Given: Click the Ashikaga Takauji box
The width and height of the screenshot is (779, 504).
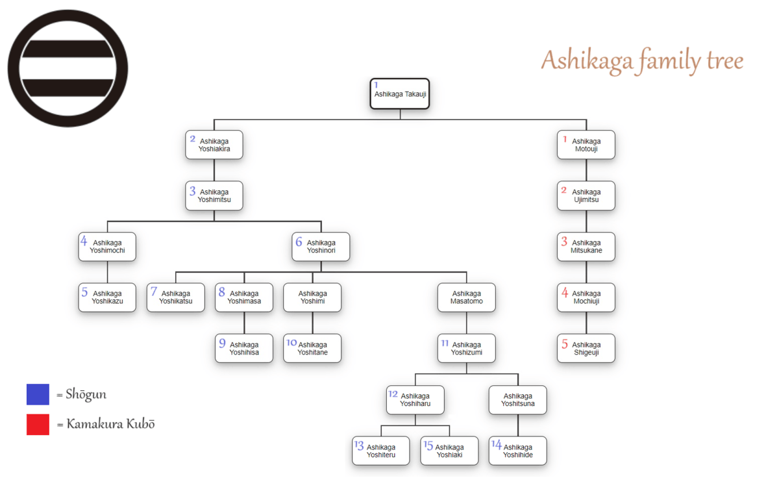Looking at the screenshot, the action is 400,94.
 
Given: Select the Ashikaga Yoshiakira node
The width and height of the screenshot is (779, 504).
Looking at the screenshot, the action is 214,145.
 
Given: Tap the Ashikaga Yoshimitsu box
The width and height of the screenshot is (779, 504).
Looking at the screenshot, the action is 214,195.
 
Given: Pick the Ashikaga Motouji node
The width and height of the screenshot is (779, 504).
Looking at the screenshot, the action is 586,145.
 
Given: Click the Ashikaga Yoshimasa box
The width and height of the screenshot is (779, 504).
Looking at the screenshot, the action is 244,297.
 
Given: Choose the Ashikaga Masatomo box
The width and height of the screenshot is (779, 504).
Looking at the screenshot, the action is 467,297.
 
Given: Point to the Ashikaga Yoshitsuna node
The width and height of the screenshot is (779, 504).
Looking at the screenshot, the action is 518,399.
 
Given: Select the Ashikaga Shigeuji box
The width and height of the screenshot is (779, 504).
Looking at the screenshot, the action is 586,348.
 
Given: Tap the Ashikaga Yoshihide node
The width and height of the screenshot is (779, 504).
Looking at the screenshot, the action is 518,451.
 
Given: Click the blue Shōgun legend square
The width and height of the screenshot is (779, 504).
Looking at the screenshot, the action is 38,394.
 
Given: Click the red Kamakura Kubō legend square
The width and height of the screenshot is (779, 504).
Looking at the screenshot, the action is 38,424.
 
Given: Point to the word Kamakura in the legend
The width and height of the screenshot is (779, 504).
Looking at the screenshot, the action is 95,424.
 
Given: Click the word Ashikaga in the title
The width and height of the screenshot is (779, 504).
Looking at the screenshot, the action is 587,61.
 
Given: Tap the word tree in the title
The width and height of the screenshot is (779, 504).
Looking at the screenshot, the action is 725,61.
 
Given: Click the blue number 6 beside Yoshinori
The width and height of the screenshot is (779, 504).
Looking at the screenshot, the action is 299,242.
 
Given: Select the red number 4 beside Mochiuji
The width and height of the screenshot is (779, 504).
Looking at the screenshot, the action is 565,292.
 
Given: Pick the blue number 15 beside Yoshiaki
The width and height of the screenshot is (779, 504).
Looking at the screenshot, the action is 428,446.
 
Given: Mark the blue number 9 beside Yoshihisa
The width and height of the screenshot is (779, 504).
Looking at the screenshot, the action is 222,344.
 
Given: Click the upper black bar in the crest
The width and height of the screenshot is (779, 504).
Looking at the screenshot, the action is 68,49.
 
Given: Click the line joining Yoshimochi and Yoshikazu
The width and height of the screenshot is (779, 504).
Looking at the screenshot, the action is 108,272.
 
